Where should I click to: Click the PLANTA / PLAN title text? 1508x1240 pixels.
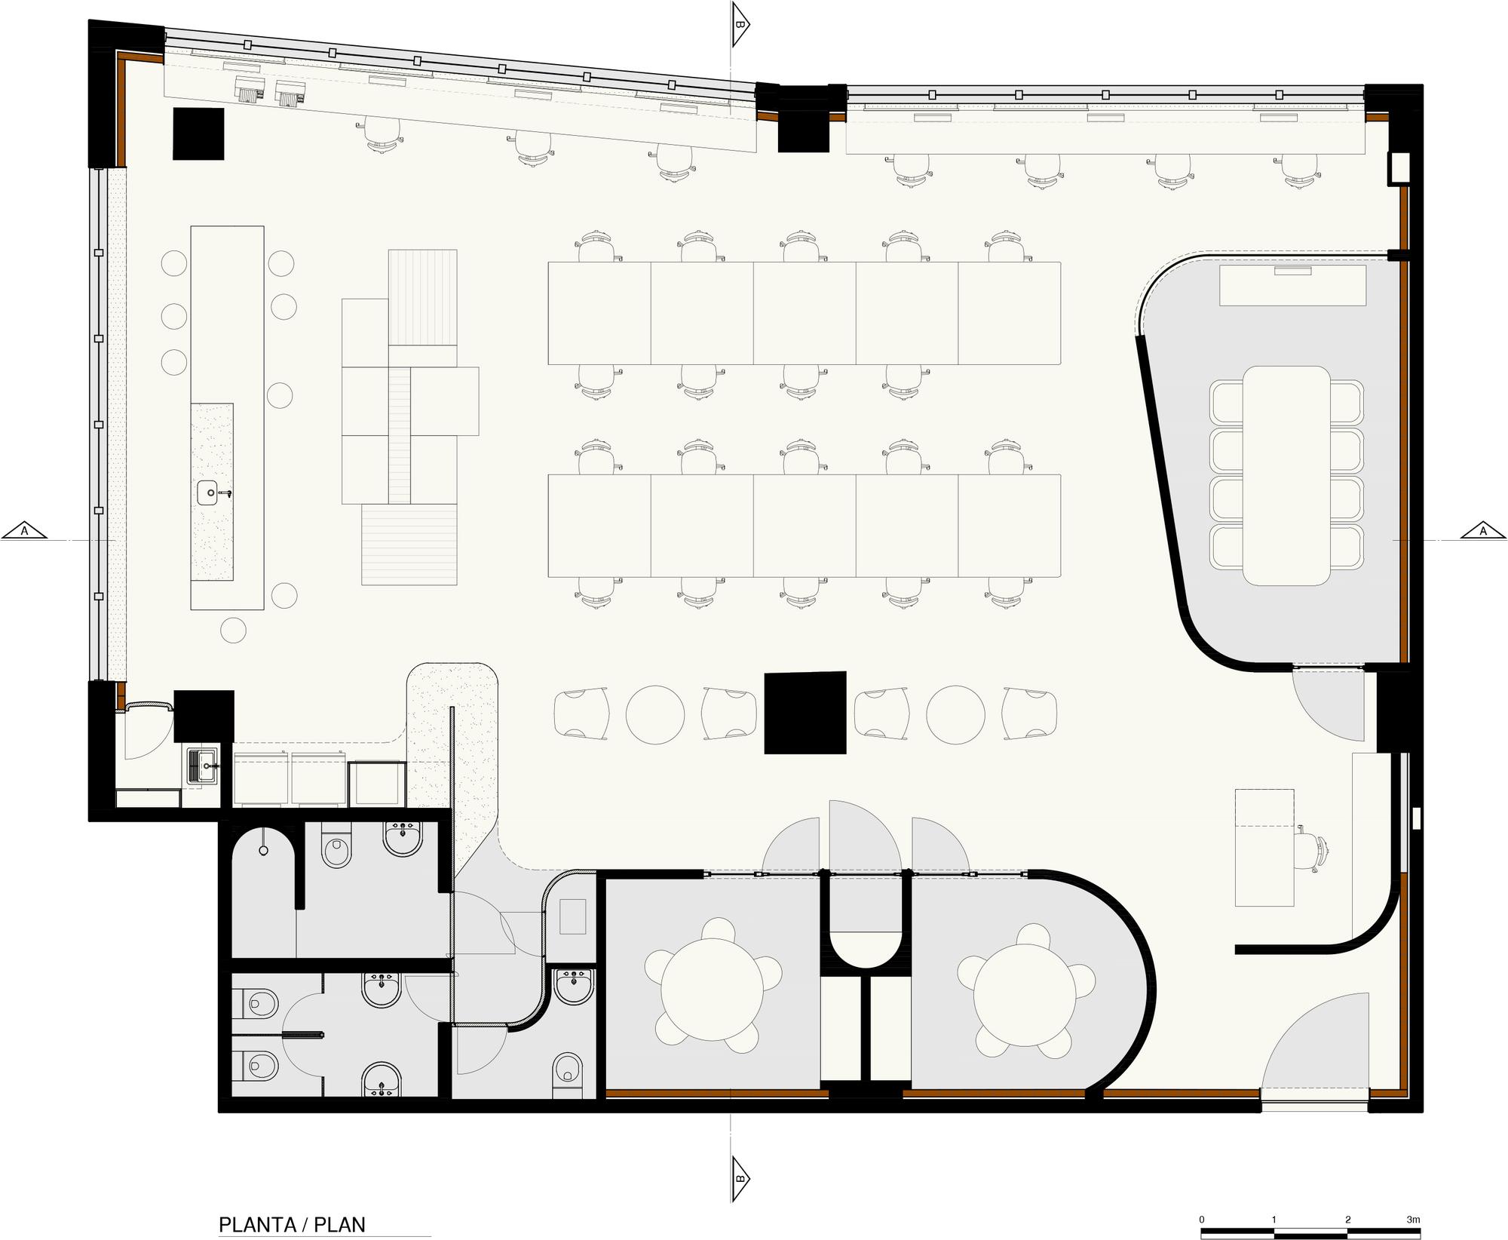292,1202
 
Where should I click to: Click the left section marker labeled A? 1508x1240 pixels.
24,532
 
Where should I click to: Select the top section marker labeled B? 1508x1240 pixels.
740,25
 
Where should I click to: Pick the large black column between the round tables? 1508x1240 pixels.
805,712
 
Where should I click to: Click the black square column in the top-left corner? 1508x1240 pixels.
198,134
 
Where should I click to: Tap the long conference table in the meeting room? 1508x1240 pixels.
1286,475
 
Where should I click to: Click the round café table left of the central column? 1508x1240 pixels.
655,714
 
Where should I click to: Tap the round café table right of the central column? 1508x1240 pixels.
955,714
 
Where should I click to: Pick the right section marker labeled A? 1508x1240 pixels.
1482,532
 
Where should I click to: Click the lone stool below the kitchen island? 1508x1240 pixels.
234,630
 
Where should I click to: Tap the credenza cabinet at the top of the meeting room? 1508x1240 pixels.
1292,284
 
